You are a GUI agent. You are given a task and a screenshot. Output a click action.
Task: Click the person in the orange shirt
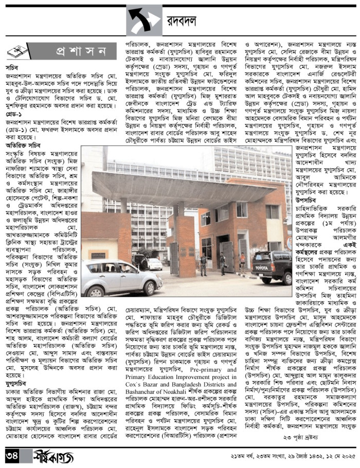[x=243, y=261]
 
